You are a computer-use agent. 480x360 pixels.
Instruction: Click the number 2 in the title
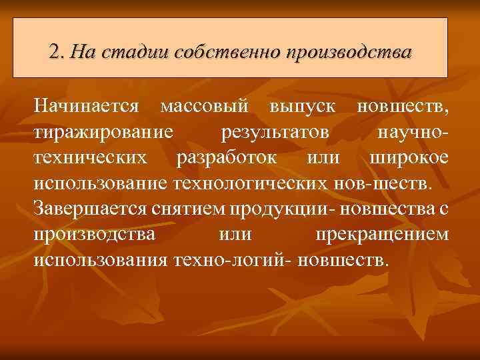55,51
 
